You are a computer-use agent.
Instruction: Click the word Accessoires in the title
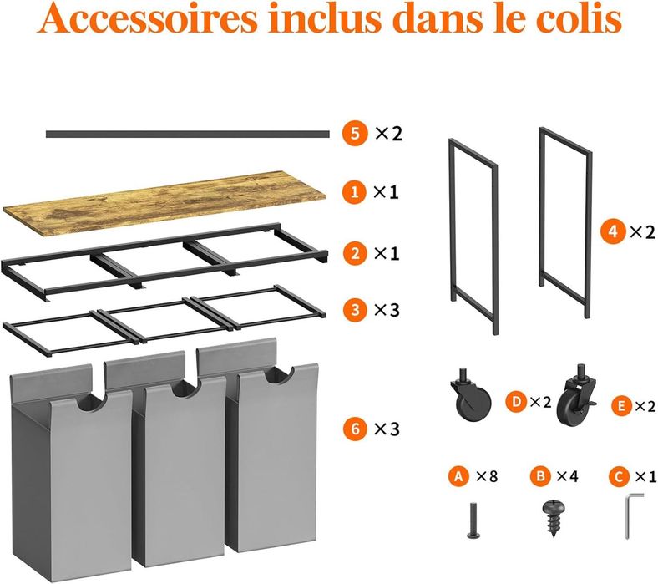coord(147,18)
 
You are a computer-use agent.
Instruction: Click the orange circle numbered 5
coord(355,134)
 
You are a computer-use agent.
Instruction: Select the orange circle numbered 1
coord(355,192)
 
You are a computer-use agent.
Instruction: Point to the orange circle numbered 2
coord(355,254)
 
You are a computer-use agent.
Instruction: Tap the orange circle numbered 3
coord(355,310)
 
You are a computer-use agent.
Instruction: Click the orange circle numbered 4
coord(613,231)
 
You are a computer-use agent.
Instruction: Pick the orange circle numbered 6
coord(355,429)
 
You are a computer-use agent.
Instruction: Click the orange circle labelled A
coord(458,476)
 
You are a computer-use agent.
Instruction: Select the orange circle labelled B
coord(540,476)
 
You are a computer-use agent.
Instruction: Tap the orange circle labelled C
coord(619,476)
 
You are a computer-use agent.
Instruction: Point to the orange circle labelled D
coord(516,402)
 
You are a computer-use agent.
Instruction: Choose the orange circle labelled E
coord(621,406)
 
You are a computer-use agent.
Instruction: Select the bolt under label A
coord(473,521)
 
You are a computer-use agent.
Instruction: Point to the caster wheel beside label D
coord(471,395)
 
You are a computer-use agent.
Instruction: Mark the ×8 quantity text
coord(487,476)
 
